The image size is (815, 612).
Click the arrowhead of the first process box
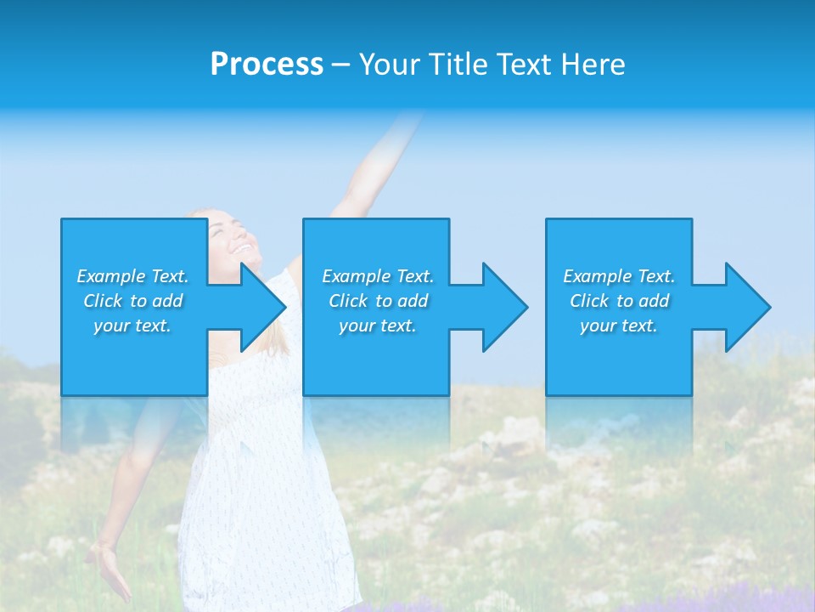263,307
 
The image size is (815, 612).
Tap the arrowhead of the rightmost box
748,307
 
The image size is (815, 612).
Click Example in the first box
110,276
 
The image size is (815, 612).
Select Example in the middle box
356,276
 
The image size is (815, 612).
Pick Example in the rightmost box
597,276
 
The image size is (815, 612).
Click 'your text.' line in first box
132,326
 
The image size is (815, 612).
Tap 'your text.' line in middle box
377,326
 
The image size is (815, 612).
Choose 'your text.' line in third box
618,326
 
